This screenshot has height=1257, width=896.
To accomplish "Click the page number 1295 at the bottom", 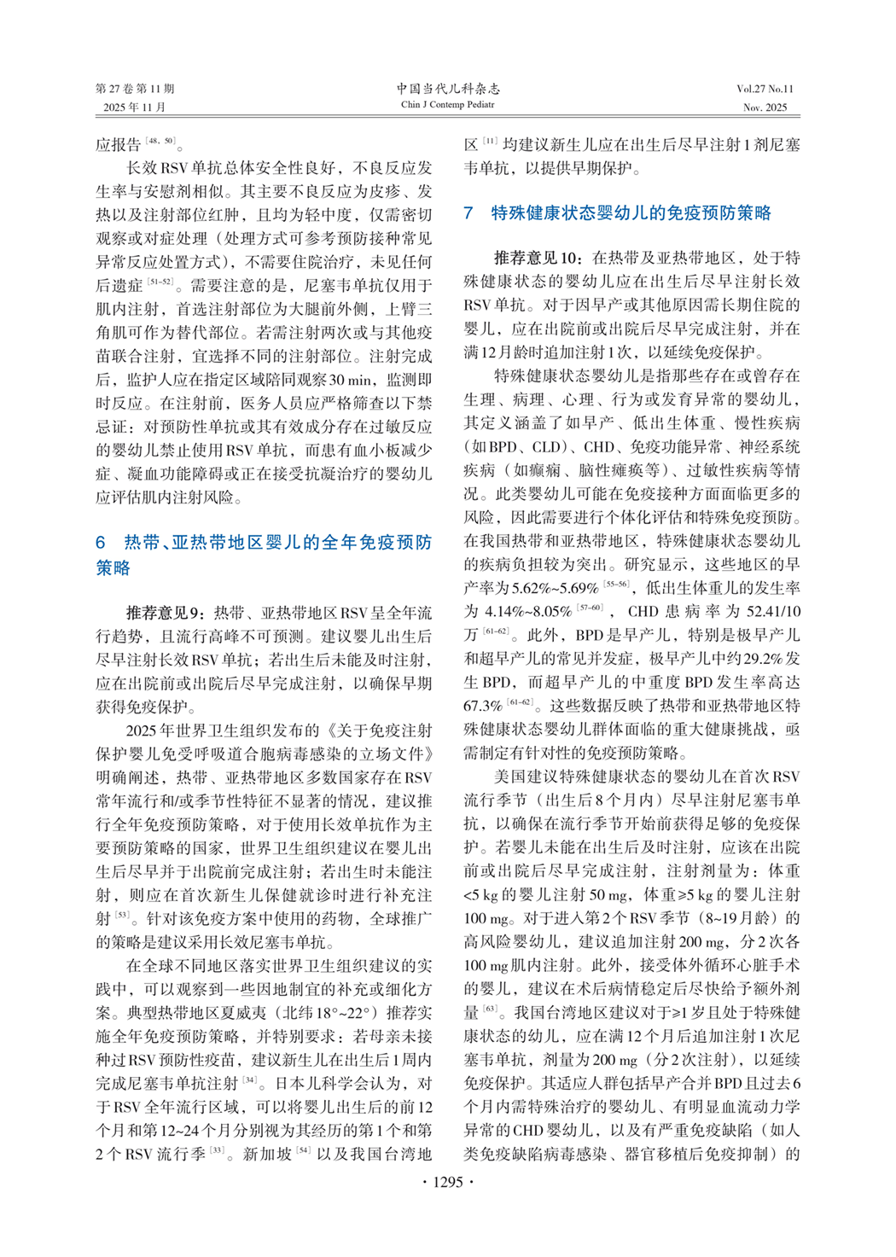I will click(448, 1182).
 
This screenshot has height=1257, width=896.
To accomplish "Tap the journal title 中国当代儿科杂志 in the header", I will click(448, 89).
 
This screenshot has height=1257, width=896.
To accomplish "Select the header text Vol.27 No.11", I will click(765, 89).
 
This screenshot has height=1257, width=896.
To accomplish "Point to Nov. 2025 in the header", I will click(765, 108).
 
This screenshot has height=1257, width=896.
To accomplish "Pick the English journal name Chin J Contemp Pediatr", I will click(448, 105).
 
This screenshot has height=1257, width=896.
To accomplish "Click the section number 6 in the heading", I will click(101, 543).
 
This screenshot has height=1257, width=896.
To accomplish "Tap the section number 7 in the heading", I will click(468, 213).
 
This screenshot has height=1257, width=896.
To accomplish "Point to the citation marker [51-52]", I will click(160, 282).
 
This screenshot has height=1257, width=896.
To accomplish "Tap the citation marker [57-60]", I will click(590, 608).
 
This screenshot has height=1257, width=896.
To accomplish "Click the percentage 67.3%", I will click(482, 706).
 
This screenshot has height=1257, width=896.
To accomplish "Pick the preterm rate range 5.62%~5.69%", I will click(556, 588).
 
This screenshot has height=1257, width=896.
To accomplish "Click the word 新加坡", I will click(266, 1155).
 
